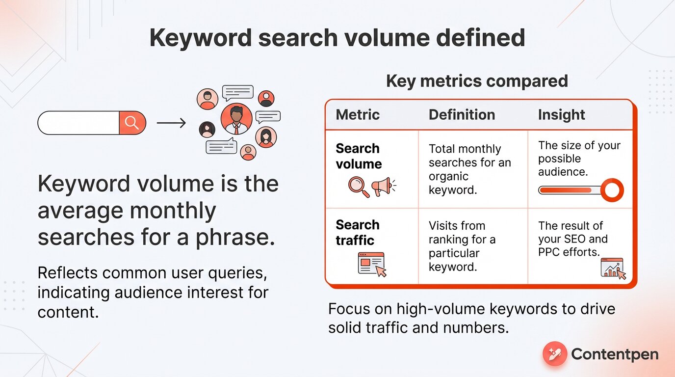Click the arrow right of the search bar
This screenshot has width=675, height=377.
[x=171, y=123]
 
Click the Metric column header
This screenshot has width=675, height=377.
[x=358, y=115]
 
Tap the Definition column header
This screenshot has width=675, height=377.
[x=462, y=115]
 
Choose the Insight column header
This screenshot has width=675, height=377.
[x=561, y=115]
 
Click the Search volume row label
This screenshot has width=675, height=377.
[x=358, y=156]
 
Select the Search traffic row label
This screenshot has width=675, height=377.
[x=358, y=233]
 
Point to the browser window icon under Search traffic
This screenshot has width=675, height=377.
[x=372, y=264]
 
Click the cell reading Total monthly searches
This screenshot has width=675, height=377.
[x=469, y=169]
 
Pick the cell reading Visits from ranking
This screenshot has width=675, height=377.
[x=462, y=246]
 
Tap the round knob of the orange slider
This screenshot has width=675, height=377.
[x=612, y=190]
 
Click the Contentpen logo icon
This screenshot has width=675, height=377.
[x=555, y=354]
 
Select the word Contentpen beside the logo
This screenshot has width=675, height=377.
[x=615, y=354]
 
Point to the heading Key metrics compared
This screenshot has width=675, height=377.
[x=477, y=81]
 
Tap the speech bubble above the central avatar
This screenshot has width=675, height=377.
[x=237, y=92]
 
